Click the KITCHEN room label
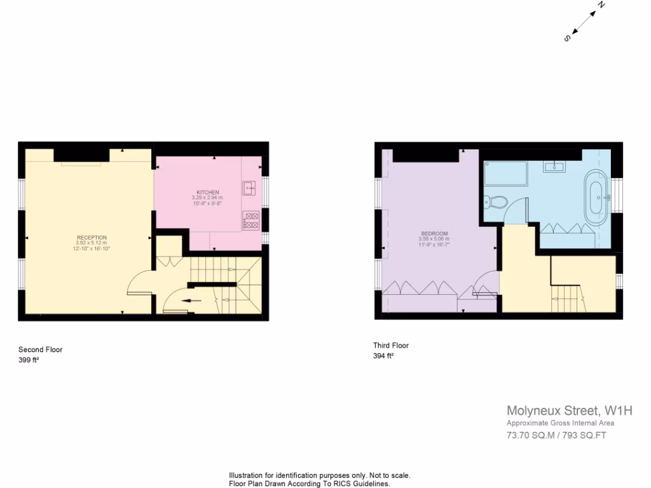pyautogui.click(x=207, y=192)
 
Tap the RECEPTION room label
pyautogui.click(x=93, y=237)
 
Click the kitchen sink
pyautogui.click(x=249, y=188)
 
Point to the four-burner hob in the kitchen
pyautogui.click(x=250, y=220)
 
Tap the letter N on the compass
pyautogui.click(x=600, y=5)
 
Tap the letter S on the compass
pyautogui.click(x=567, y=38)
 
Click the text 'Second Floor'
pyautogui.click(x=41, y=349)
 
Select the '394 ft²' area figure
pyautogui.click(x=383, y=356)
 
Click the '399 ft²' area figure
pyautogui.click(x=29, y=360)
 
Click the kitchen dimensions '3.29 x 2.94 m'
pyautogui.click(x=207, y=198)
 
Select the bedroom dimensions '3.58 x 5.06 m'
pyautogui.click(x=434, y=239)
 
